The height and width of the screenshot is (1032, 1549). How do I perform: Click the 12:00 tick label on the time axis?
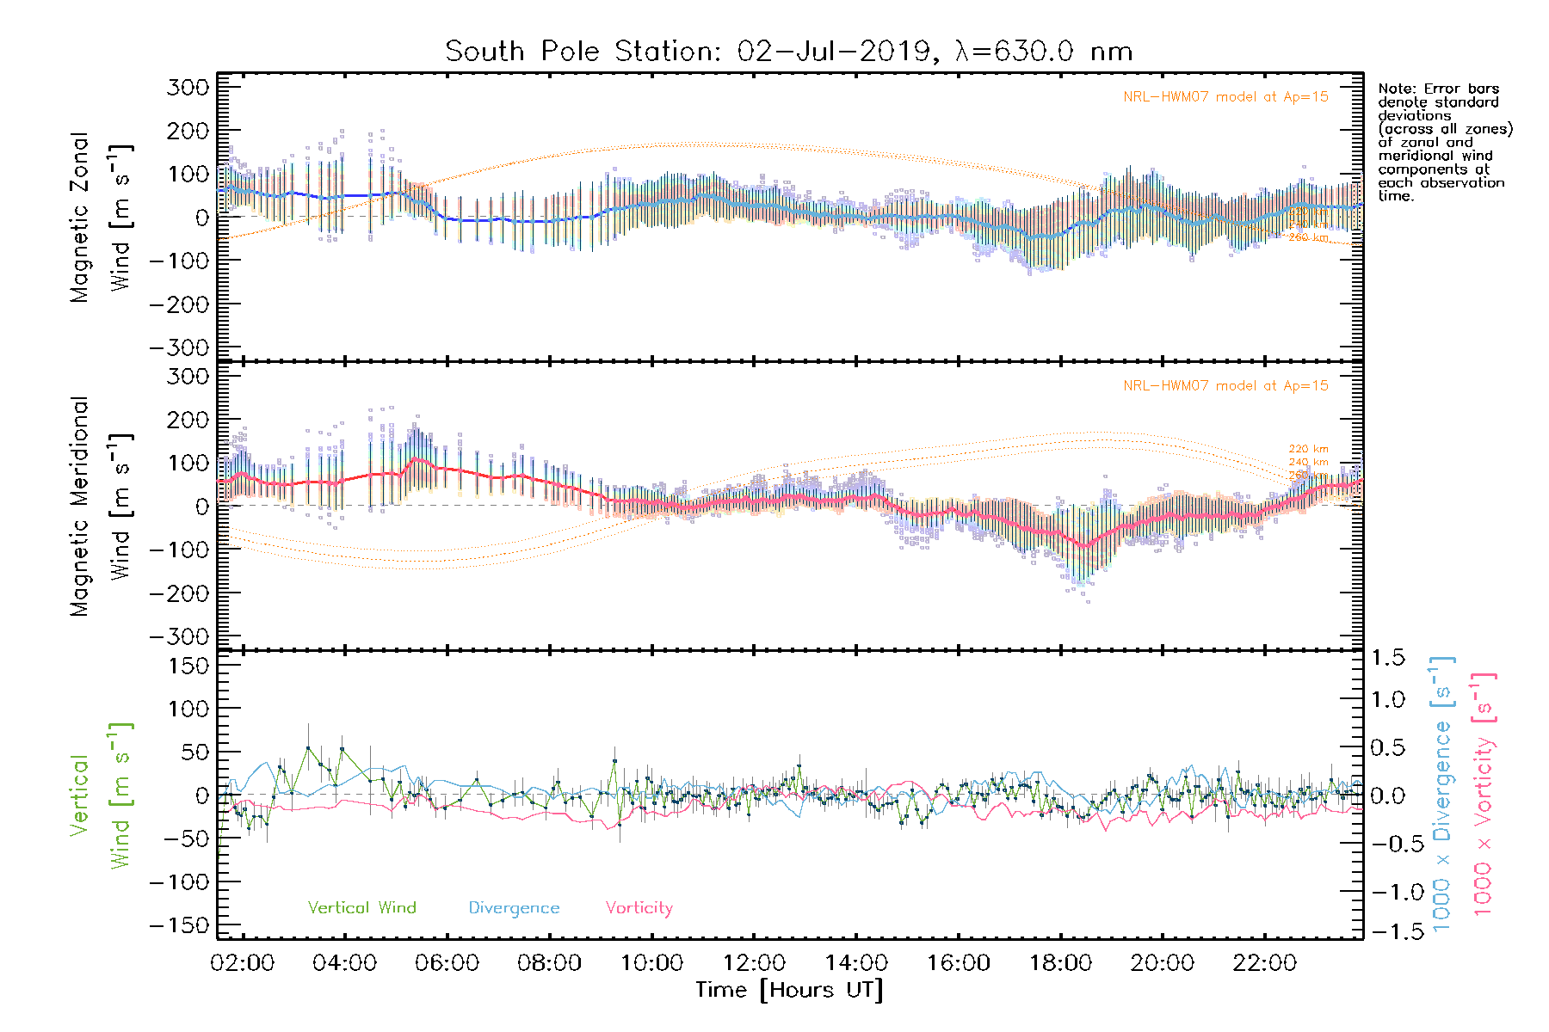[754, 962]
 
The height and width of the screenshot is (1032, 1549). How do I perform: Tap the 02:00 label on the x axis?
[243, 962]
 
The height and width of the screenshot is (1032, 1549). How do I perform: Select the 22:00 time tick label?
[1264, 962]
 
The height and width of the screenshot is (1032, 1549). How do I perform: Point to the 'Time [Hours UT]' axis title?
[789, 990]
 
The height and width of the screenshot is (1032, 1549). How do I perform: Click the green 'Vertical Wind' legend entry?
[361, 907]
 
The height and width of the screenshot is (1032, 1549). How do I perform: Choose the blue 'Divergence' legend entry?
[514, 907]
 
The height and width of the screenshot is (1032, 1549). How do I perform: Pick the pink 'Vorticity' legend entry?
[639, 907]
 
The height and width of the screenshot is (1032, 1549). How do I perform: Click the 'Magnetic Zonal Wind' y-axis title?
[101, 218]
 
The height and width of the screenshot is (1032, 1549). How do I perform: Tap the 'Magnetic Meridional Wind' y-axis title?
[101, 507]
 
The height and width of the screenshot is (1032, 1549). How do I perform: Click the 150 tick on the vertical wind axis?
[188, 666]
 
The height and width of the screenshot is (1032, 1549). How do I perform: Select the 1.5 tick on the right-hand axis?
[1387, 658]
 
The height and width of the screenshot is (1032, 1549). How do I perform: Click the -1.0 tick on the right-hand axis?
[1387, 892]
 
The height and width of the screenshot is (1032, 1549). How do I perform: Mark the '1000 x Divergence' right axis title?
[1442, 794]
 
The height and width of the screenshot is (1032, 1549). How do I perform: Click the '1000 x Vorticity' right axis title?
[1483, 794]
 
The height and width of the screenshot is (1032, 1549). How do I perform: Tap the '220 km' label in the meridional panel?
[1308, 449]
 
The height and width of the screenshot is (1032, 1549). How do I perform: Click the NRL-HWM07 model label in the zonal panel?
[1225, 97]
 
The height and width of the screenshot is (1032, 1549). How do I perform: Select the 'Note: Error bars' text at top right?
[1438, 89]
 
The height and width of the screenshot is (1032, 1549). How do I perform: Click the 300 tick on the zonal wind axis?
[188, 87]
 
